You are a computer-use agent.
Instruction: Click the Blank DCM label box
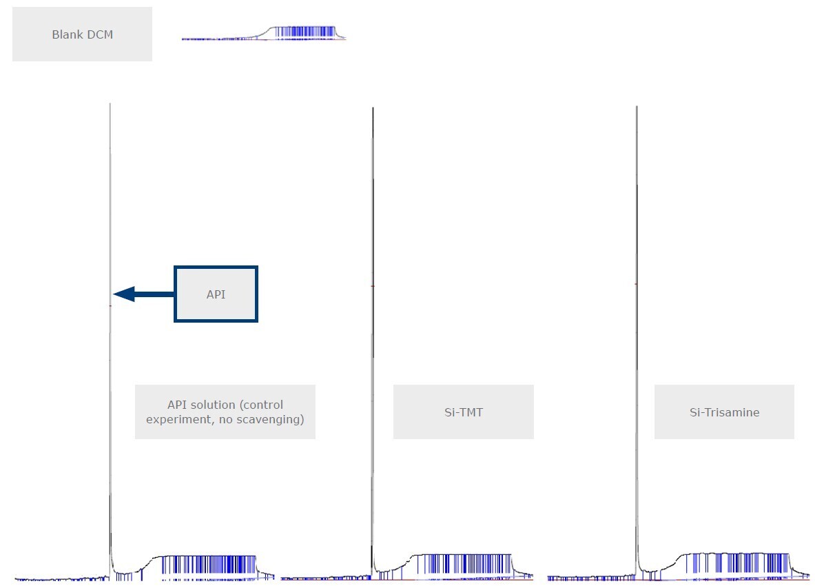[82, 34]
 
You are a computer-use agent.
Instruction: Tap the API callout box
[216, 294]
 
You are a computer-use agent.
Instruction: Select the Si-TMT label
[463, 412]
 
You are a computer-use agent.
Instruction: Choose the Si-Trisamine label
[724, 412]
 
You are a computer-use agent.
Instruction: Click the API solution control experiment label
[225, 412]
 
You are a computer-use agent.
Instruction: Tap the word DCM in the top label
[99, 34]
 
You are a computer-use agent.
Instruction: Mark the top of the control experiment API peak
[110, 105]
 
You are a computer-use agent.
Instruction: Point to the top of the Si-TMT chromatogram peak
[373, 109]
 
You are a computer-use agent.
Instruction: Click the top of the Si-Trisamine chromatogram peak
[637, 108]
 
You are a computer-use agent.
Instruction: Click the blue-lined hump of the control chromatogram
[207, 565]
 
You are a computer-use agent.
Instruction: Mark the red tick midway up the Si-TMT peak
[373, 285]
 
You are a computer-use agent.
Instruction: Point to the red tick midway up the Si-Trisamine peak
[636, 283]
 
